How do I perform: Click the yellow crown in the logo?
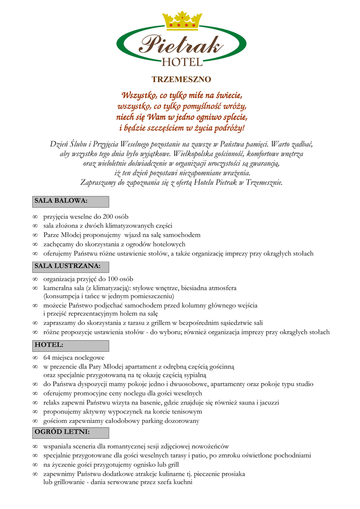[182, 20]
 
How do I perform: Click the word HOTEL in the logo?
[182, 62]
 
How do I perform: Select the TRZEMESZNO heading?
[181, 80]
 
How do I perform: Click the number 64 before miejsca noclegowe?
[47, 357]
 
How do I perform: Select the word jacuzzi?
[267, 403]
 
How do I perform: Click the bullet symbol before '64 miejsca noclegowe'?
[35, 357]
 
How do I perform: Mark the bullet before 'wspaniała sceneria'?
[35, 446]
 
